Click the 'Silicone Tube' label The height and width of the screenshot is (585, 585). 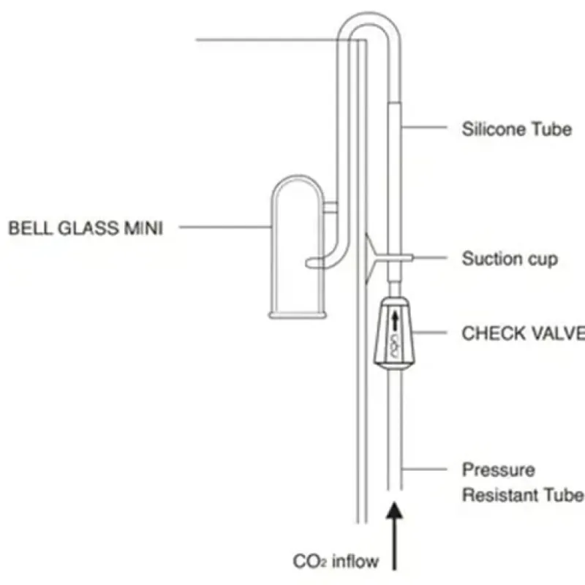(516, 129)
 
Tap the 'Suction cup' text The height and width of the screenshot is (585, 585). (510, 258)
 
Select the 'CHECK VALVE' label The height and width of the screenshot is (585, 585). (523, 333)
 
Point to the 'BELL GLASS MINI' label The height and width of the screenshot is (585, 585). (86, 228)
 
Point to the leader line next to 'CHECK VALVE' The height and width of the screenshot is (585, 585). (431, 333)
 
